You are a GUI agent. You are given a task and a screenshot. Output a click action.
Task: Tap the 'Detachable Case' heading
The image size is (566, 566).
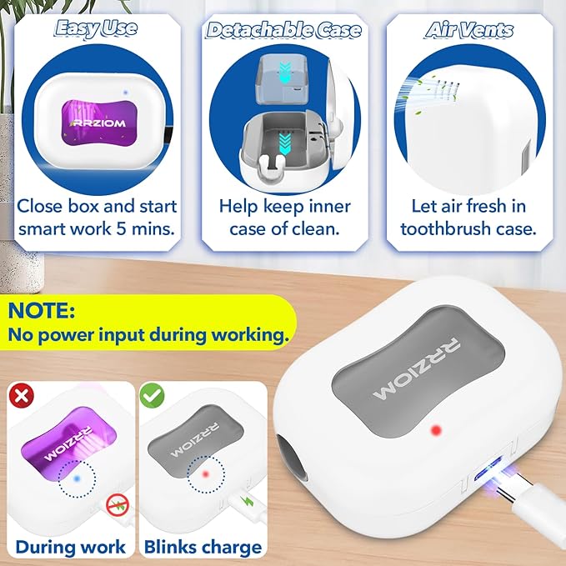(x=283, y=31)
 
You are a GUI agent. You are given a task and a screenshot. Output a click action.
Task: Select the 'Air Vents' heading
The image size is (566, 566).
(x=468, y=31)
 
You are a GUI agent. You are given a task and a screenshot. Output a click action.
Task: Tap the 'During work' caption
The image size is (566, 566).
(x=71, y=547)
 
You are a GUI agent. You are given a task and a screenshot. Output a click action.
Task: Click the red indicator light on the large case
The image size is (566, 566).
(x=433, y=430)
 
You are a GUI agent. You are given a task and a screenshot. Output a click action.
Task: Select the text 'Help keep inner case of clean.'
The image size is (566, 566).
(x=283, y=217)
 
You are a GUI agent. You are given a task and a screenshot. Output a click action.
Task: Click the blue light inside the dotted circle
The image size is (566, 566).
(x=76, y=478)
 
